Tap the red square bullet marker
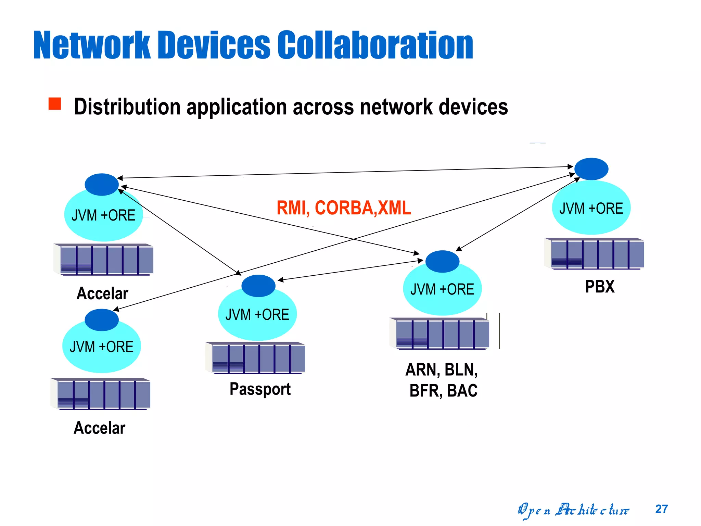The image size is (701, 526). (55, 104)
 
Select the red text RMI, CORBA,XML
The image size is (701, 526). (343, 208)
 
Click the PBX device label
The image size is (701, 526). (600, 287)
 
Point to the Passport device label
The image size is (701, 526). (260, 389)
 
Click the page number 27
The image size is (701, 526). (661, 509)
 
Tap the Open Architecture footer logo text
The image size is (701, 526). (573, 510)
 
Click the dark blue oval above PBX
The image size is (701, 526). (591, 169)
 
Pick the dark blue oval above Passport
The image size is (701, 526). (258, 286)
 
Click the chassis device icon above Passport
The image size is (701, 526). (255, 358)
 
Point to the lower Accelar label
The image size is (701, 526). (100, 428)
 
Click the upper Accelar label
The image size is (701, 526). (102, 293)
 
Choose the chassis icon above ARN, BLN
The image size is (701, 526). (439, 334)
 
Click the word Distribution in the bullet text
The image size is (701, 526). (127, 107)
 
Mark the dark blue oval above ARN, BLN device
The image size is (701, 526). (442, 261)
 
